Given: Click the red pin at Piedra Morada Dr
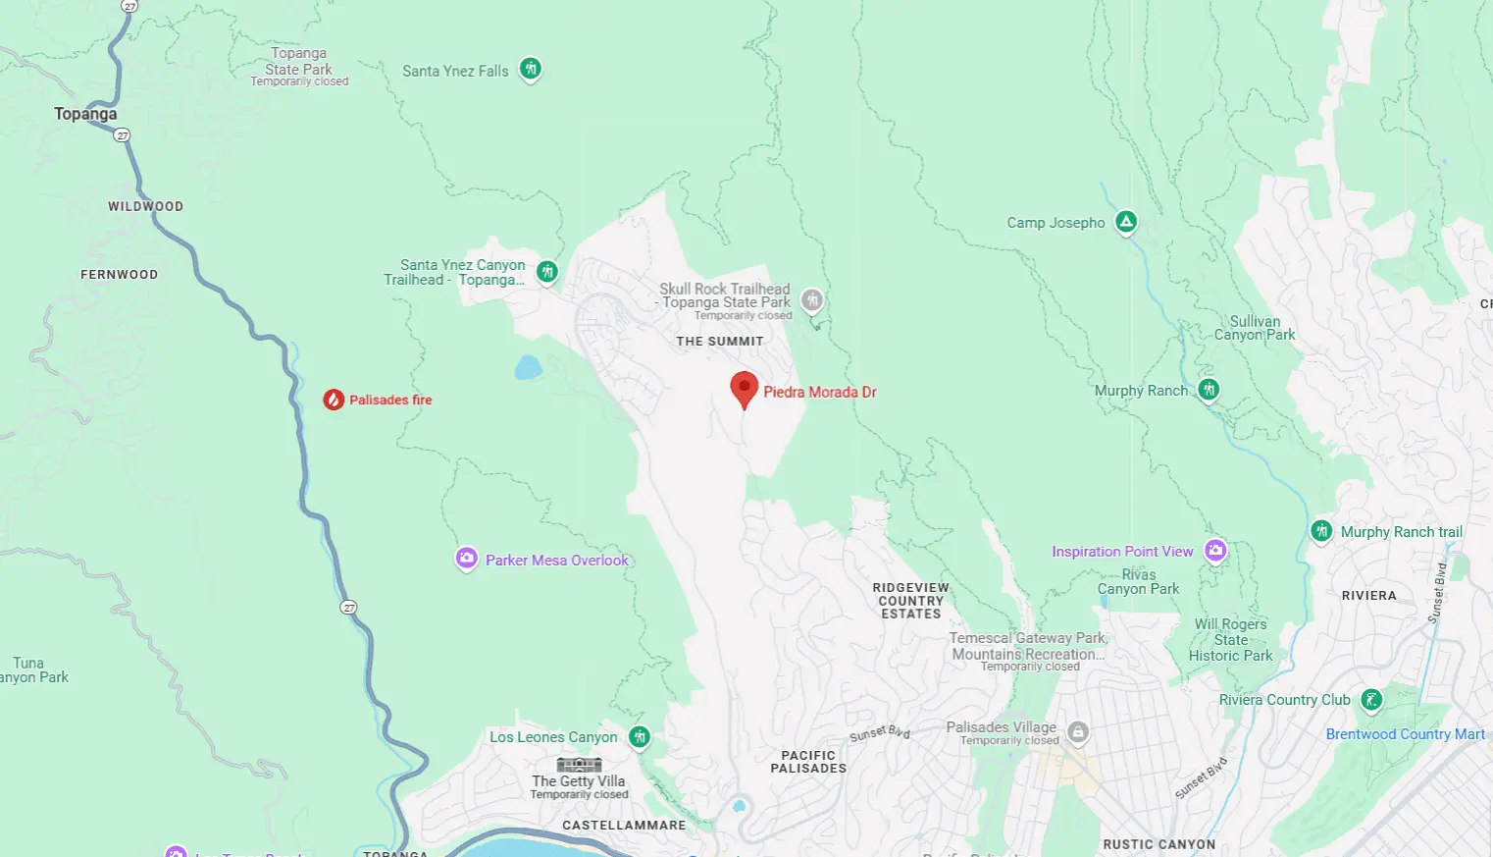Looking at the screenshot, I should click(x=745, y=388).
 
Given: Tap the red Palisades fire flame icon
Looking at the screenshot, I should click(x=334, y=400).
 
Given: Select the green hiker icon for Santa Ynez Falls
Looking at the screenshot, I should click(x=531, y=70).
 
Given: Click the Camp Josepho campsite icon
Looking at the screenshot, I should click(x=1126, y=223).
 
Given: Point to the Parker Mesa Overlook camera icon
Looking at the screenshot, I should click(x=467, y=559).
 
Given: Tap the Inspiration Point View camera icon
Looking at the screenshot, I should click(x=1215, y=551).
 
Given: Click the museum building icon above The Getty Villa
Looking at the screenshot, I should click(x=579, y=765).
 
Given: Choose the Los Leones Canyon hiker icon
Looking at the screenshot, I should click(x=640, y=736).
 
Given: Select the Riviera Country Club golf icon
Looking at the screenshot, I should click(x=1371, y=700).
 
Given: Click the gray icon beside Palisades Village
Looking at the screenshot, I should click(x=1078, y=732).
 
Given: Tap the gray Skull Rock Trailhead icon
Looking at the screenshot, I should click(x=811, y=300).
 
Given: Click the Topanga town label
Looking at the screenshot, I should click(x=85, y=114).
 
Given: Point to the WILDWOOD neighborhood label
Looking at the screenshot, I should click(x=145, y=206).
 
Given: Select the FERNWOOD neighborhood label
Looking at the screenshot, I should click(x=119, y=275).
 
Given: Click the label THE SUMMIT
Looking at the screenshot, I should click(x=719, y=342).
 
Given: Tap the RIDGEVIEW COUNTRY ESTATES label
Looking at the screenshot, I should click(x=910, y=601).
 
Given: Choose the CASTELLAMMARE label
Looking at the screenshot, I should click(x=624, y=825).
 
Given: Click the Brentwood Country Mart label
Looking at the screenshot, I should click(x=1405, y=734).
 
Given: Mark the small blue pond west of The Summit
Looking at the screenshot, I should click(x=528, y=368).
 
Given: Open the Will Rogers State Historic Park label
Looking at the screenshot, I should click(x=1230, y=640).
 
